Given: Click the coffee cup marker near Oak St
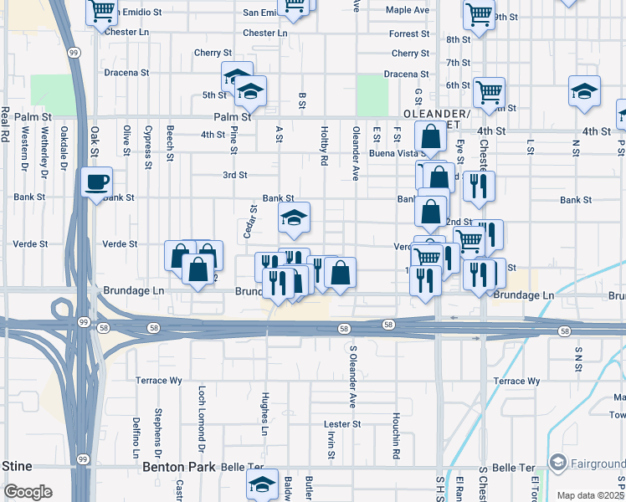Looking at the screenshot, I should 96,182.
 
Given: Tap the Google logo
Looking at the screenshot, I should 28,491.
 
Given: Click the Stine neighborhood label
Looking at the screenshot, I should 17,466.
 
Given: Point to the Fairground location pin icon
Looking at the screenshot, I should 558,463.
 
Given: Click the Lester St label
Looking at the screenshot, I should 343,424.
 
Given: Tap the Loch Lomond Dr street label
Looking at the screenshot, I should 202,413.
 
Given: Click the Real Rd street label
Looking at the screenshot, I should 5,125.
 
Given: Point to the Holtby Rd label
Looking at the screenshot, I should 324,145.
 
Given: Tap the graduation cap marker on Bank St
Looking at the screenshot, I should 294,218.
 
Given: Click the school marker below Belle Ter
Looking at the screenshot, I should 262,484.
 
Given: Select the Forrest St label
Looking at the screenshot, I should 409,34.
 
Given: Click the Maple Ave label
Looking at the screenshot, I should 407,10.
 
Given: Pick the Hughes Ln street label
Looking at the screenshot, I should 264,413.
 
